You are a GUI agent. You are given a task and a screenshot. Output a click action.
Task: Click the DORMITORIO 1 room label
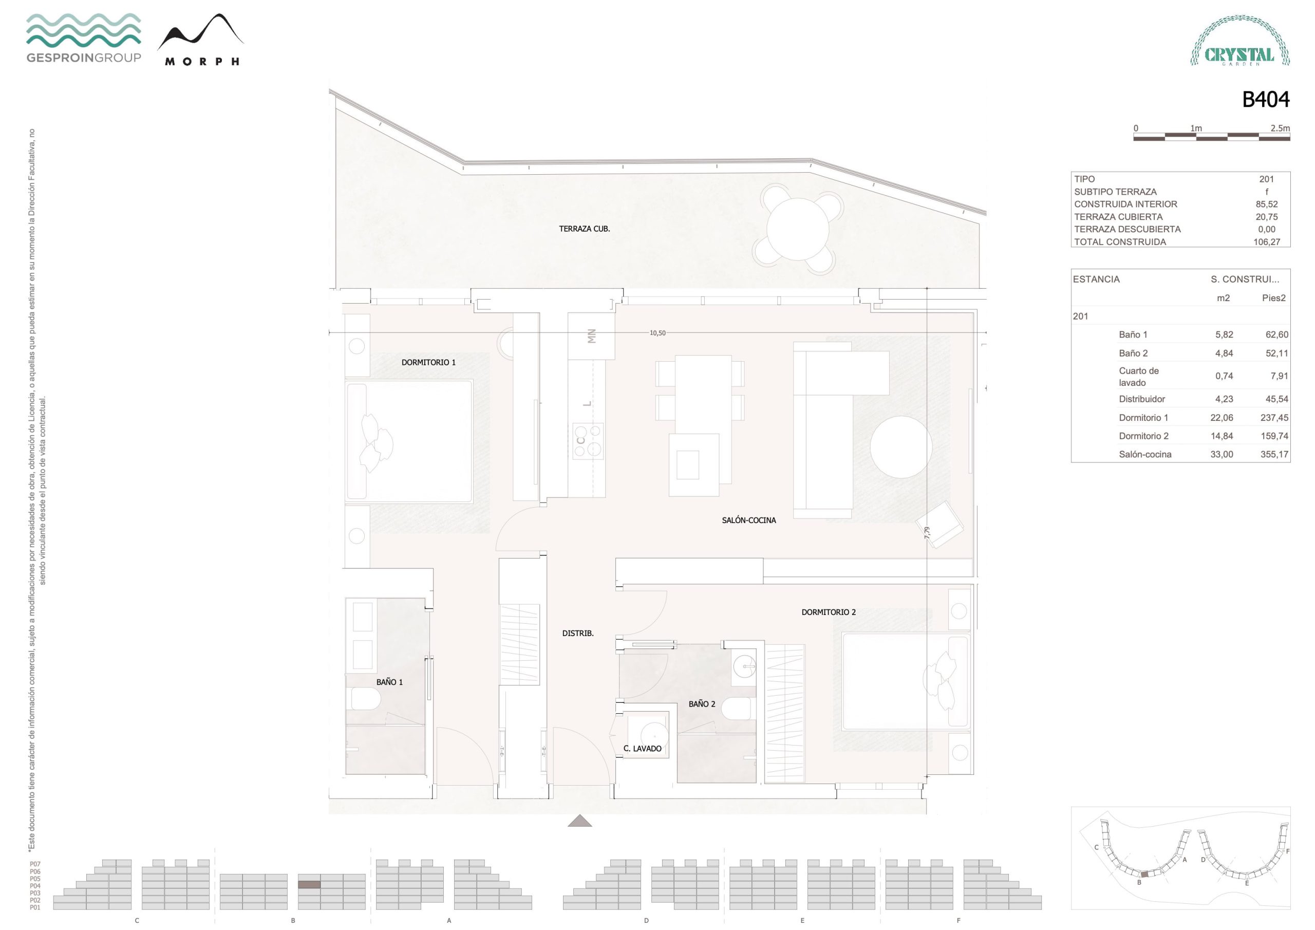428,363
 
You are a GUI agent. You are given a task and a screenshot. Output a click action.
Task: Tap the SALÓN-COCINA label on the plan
748,520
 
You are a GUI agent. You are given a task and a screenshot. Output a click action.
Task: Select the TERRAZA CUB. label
584,229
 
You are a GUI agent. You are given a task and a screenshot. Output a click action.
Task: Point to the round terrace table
798,228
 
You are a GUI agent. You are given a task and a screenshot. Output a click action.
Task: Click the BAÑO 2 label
702,703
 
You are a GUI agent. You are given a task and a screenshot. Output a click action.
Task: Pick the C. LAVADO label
642,748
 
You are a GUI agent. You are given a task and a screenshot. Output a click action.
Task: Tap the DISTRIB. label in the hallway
577,633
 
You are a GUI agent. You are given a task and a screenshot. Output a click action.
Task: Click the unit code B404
1265,100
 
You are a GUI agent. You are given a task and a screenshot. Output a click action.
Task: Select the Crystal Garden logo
1240,41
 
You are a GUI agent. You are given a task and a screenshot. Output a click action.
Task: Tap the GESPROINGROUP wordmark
84,58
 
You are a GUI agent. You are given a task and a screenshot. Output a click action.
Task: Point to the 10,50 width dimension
657,333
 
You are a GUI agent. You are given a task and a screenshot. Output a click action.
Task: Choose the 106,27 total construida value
1266,242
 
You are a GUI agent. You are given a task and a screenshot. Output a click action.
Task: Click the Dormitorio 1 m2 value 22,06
1222,418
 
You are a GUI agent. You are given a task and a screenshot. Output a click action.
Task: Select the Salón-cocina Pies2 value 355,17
1274,454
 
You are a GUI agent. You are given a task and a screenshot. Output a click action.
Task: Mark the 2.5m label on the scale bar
1280,128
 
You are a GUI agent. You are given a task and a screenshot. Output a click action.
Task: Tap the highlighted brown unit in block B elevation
309,885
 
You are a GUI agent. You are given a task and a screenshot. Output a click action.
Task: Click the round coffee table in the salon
901,447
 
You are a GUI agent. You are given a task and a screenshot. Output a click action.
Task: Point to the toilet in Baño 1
365,699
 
